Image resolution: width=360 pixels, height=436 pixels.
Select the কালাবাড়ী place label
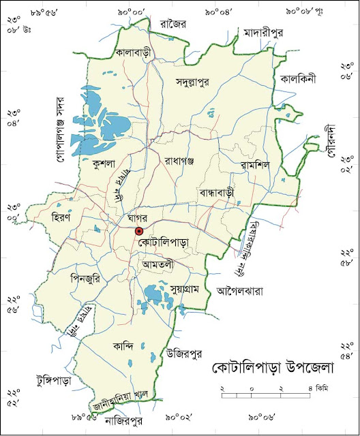[133, 52]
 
